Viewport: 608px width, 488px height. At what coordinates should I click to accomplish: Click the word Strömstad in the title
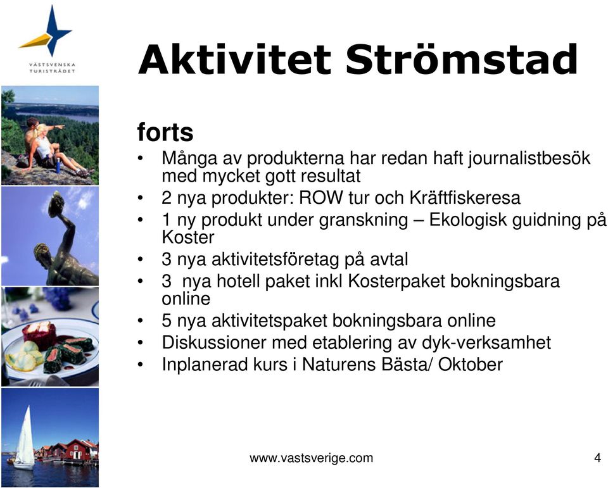(462, 59)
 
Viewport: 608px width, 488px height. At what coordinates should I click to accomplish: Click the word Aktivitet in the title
(234, 59)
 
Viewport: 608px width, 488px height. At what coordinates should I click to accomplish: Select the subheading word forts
(165, 132)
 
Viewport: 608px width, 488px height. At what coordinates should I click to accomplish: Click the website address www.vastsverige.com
(312, 458)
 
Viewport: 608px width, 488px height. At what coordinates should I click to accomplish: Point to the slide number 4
(597, 458)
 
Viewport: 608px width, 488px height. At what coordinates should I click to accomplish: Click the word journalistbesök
(529, 158)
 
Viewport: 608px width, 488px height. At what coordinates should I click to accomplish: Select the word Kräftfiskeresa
(465, 197)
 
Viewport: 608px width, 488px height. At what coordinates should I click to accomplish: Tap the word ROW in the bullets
(321, 197)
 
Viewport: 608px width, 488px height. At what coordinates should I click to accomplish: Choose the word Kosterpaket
(396, 281)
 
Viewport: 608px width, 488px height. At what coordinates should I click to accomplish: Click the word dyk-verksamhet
(486, 342)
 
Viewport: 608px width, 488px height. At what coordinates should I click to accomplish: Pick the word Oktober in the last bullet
(471, 365)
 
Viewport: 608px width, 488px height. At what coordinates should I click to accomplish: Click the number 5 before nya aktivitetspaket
(167, 321)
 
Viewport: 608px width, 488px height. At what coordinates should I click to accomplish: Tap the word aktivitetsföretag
(275, 260)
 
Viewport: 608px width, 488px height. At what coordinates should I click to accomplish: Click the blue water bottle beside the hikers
(58, 166)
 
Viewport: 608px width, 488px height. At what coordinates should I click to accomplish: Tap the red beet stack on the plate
(39, 334)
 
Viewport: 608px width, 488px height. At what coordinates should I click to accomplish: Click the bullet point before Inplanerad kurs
(141, 365)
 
